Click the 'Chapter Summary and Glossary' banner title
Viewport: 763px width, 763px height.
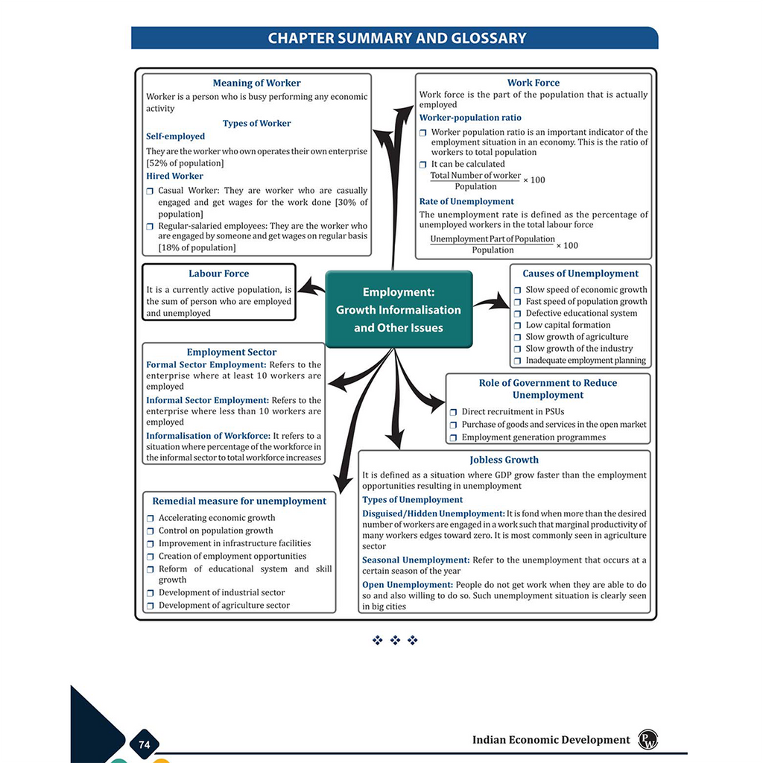[x=397, y=38]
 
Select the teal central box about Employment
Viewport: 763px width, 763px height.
[x=399, y=309]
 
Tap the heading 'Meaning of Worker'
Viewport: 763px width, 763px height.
[x=256, y=83]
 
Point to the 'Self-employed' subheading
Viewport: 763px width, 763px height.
[x=175, y=136]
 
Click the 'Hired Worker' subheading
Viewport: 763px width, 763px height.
[x=174, y=176]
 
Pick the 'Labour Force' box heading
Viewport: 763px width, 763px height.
[x=218, y=273]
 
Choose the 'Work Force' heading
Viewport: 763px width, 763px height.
[x=534, y=83]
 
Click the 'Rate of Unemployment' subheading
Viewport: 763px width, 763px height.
[x=466, y=201]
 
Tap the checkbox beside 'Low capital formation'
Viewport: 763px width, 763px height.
[x=517, y=326]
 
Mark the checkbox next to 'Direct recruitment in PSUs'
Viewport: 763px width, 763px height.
[x=453, y=412]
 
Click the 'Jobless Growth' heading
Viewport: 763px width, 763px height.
[x=504, y=460]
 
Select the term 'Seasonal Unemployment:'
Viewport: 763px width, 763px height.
[x=416, y=560]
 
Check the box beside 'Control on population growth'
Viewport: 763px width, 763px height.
[x=150, y=531]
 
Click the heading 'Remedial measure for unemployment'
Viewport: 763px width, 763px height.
[x=239, y=501]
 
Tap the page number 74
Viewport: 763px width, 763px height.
[x=144, y=744]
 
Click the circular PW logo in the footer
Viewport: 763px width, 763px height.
[x=648, y=740]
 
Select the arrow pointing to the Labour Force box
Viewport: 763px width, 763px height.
[x=311, y=287]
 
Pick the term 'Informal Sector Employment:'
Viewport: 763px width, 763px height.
[x=207, y=400]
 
